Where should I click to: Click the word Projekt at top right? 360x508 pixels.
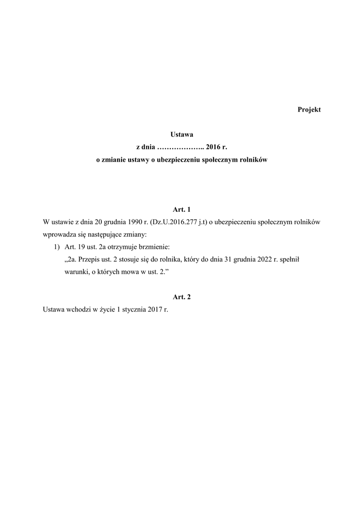tap(309, 110)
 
